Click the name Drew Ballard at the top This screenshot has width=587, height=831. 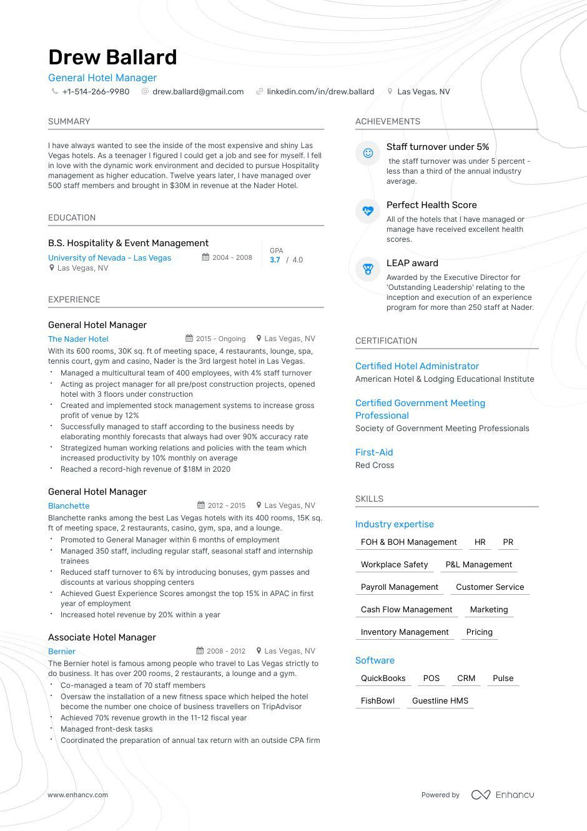click(112, 57)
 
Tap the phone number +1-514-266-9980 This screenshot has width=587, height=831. click(96, 91)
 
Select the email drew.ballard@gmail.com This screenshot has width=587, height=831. click(198, 91)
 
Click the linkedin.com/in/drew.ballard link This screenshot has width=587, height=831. click(320, 91)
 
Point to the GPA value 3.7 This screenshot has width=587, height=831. click(275, 260)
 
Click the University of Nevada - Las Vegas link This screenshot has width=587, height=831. click(109, 257)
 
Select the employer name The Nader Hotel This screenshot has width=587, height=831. click(78, 339)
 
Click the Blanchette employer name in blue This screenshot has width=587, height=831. click(69, 505)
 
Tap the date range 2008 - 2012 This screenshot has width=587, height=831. click(226, 650)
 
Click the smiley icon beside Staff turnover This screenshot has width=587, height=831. click(368, 153)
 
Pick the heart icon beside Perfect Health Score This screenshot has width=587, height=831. click(368, 211)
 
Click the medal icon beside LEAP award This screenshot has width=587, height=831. click(368, 269)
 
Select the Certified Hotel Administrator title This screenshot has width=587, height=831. click(417, 366)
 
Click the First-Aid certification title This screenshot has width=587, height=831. click(374, 452)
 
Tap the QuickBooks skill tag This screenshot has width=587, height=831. click(383, 678)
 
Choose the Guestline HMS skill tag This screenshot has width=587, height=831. click(440, 700)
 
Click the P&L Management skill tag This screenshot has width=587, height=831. click(478, 564)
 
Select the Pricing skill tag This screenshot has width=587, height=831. click(479, 632)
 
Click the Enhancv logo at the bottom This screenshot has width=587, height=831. click(503, 795)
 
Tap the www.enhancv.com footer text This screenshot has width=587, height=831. click(78, 795)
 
